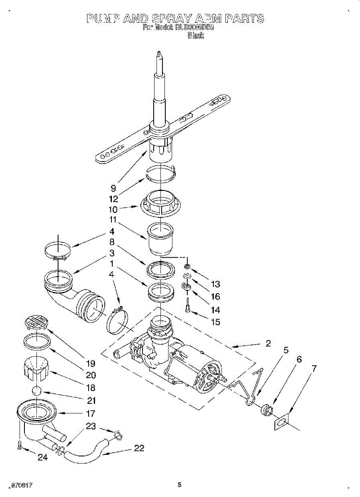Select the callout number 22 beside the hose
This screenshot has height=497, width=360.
140,449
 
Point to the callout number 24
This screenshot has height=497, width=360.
43,458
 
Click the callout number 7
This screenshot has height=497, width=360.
314,368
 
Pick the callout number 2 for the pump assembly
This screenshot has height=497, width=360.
268,343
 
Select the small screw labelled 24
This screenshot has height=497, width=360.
19,446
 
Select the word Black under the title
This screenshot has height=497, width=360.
196,36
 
